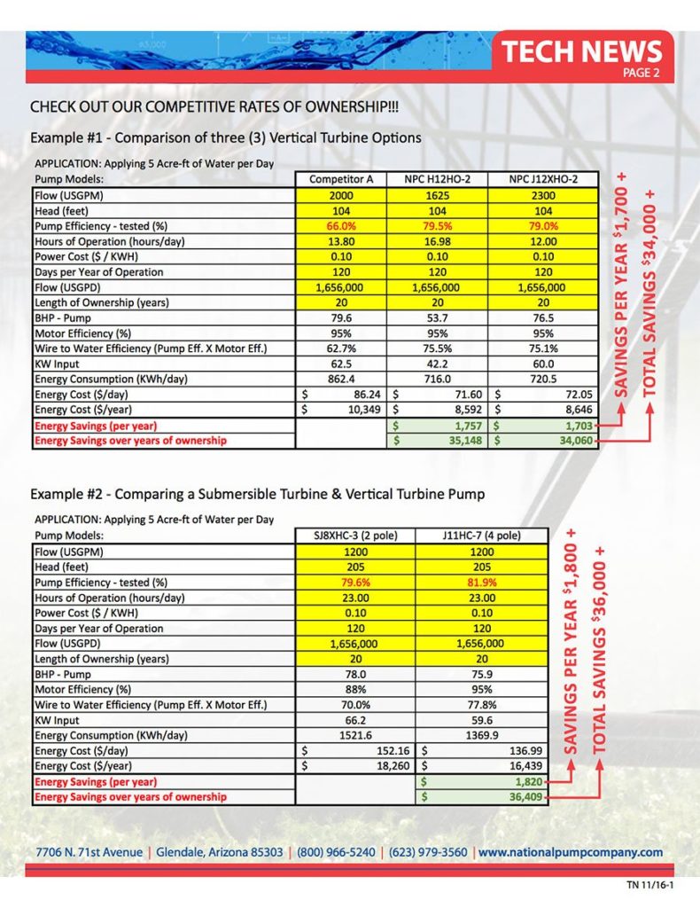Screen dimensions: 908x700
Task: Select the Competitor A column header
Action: click(341, 179)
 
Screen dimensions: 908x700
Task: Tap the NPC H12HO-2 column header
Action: click(437, 179)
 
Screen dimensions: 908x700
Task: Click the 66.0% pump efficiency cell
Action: click(341, 225)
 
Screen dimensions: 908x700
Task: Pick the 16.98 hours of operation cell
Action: click(437, 241)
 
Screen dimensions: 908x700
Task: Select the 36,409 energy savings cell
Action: click(482, 797)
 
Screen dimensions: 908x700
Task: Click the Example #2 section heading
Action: click(257, 493)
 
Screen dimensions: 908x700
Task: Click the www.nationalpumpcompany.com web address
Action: click(571, 852)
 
